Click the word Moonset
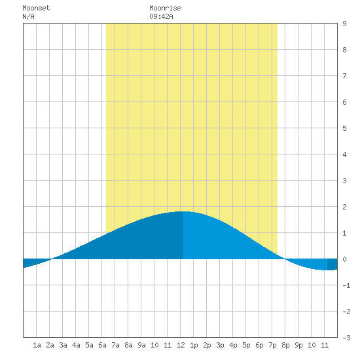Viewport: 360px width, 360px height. (x=36, y=8)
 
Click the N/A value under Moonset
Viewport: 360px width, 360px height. (x=28, y=16)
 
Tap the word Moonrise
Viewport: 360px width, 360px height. (x=165, y=8)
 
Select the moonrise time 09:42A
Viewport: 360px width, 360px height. (x=161, y=16)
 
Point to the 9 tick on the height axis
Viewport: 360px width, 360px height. (x=344, y=24)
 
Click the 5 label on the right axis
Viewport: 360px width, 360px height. (x=344, y=128)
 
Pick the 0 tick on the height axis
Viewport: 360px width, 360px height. (x=344, y=259)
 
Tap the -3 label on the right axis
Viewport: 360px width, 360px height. (x=346, y=338)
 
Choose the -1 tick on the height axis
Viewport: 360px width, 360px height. (x=346, y=285)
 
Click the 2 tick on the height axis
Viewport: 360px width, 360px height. (x=344, y=207)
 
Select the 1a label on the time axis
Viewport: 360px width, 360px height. (x=37, y=345)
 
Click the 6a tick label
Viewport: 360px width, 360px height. (x=102, y=345)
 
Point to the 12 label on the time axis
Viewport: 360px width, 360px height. (x=181, y=345)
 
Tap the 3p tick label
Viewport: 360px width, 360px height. (x=220, y=345)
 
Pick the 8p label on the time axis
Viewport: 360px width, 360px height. (x=285, y=345)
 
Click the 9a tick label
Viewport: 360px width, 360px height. (x=141, y=345)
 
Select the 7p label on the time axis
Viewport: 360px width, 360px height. (x=272, y=345)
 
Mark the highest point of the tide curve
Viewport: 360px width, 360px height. (x=183, y=211)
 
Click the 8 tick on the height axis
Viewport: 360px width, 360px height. (x=344, y=50)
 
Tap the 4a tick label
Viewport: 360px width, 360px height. (x=76, y=345)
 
